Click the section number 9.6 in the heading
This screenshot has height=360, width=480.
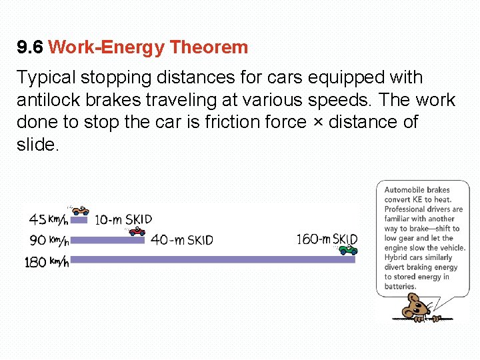click(x=30, y=47)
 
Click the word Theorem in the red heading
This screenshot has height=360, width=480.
click(x=209, y=47)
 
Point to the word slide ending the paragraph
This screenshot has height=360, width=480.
click(x=37, y=145)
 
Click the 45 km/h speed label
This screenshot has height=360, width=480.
click(x=49, y=219)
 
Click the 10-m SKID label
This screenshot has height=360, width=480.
click(x=123, y=219)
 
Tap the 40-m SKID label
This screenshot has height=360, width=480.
click(x=182, y=240)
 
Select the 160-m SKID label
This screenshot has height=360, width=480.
click(x=327, y=239)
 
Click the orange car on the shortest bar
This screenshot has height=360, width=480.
click(x=81, y=211)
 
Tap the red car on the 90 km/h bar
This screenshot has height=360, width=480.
click(x=137, y=231)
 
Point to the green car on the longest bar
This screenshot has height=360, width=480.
click(x=348, y=250)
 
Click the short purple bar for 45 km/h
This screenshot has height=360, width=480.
click(x=79, y=219)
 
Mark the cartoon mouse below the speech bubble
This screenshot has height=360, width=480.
click(x=419, y=307)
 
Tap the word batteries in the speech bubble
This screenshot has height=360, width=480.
click(x=400, y=286)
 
